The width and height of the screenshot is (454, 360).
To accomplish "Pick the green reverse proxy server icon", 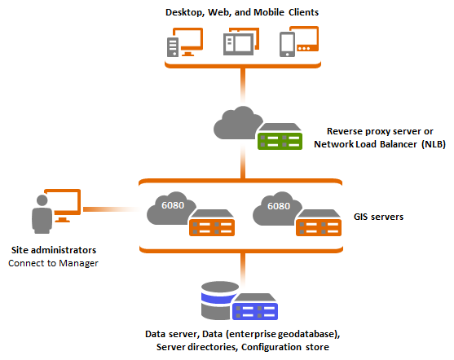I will [x=279, y=139].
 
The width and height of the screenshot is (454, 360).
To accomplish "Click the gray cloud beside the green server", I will [x=236, y=125].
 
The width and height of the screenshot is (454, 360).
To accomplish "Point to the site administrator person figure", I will [x=42, y=214].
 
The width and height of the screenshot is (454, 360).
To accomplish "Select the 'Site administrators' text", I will [x=54, y=249].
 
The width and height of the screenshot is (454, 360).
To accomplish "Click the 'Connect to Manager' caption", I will [x=54, y=263].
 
